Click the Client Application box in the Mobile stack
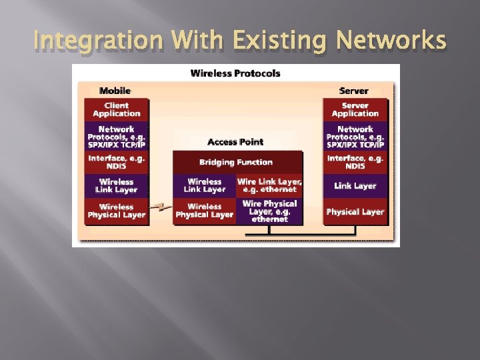(116, 109)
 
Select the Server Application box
(355, 109)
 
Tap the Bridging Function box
(236, 162)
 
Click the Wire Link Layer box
(269, 185)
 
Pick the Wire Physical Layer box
(269, 211)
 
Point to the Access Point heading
(235, 142)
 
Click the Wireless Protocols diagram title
(235, 73)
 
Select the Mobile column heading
(115, 90)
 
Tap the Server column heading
(354, 90)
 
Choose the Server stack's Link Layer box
(355, 186)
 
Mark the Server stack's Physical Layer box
(355, 211)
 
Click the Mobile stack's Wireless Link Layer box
(116, 185)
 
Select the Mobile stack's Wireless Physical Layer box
(116, 211)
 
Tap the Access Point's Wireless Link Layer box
(204, 185)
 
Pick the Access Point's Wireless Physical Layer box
(204, 211)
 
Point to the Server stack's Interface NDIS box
(355, 162)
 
